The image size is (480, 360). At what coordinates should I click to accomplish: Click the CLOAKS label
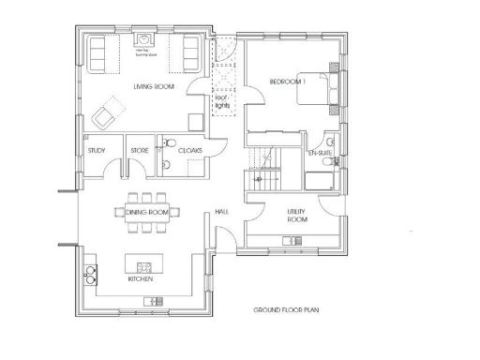pos(189,149)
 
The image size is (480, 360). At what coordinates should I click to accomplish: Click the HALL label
pos(222,212)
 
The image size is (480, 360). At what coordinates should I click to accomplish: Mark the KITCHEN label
pos(141,278)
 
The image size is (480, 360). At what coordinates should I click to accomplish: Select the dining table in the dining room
pos(146,212)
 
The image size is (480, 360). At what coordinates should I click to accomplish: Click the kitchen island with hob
pos(142,260)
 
